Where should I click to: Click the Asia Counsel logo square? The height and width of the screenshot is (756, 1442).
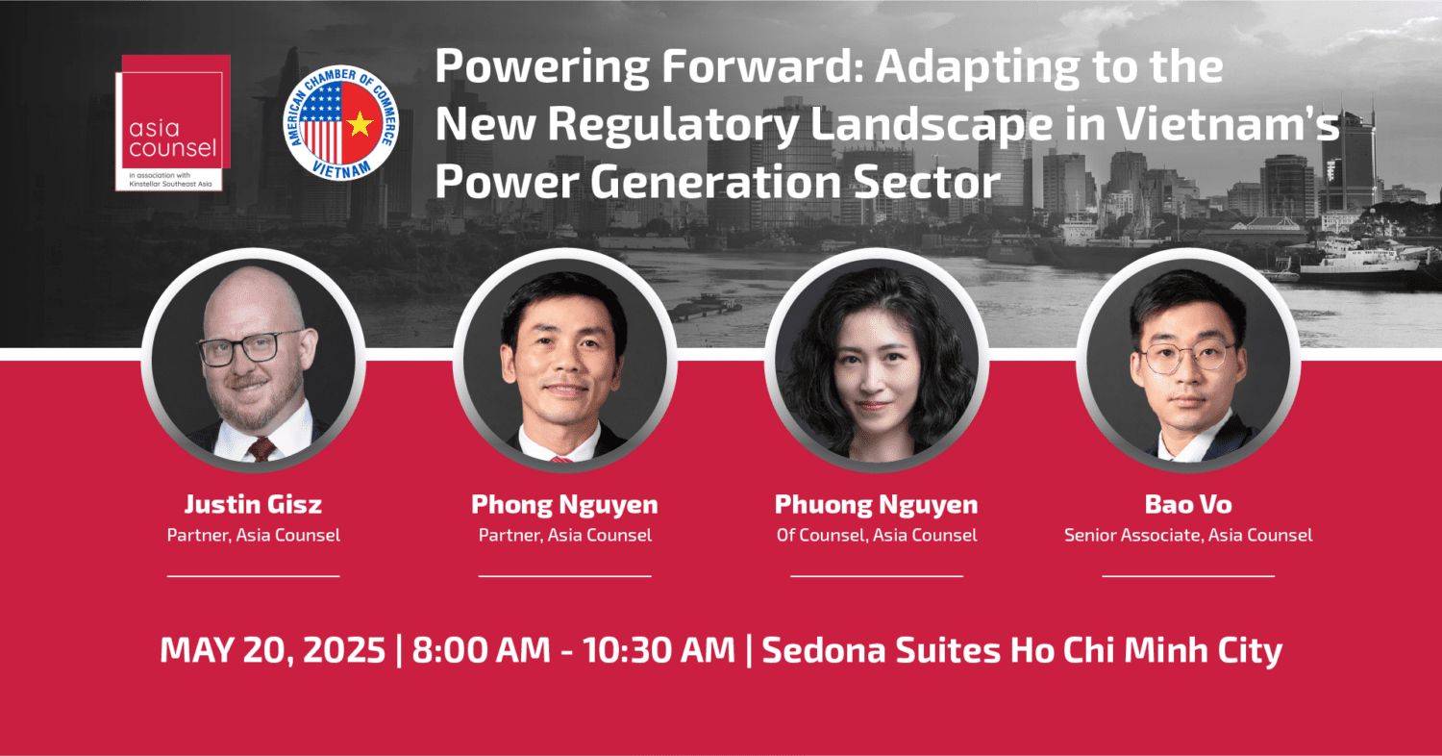172,122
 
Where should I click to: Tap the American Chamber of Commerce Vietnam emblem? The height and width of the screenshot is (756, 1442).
340,122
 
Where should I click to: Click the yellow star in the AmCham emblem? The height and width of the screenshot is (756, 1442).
360,124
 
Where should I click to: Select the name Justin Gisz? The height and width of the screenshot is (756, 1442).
253,504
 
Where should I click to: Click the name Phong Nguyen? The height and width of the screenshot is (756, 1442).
564,505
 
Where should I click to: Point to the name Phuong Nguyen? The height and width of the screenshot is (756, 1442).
876,505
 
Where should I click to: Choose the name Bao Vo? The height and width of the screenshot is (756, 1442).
1188,504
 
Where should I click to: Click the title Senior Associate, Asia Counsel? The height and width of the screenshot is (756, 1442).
1188,535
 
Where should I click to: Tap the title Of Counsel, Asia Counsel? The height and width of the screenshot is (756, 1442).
877,535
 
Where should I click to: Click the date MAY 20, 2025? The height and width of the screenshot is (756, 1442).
272,650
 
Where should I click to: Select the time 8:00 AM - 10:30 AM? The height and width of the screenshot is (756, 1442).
573,650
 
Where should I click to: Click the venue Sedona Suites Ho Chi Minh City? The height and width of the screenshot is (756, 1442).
1022,650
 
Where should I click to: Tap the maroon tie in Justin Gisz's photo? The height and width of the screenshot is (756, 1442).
261,449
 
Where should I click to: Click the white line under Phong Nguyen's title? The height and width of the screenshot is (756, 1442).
564,576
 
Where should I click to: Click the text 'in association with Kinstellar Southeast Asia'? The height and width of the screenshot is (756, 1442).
170,180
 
